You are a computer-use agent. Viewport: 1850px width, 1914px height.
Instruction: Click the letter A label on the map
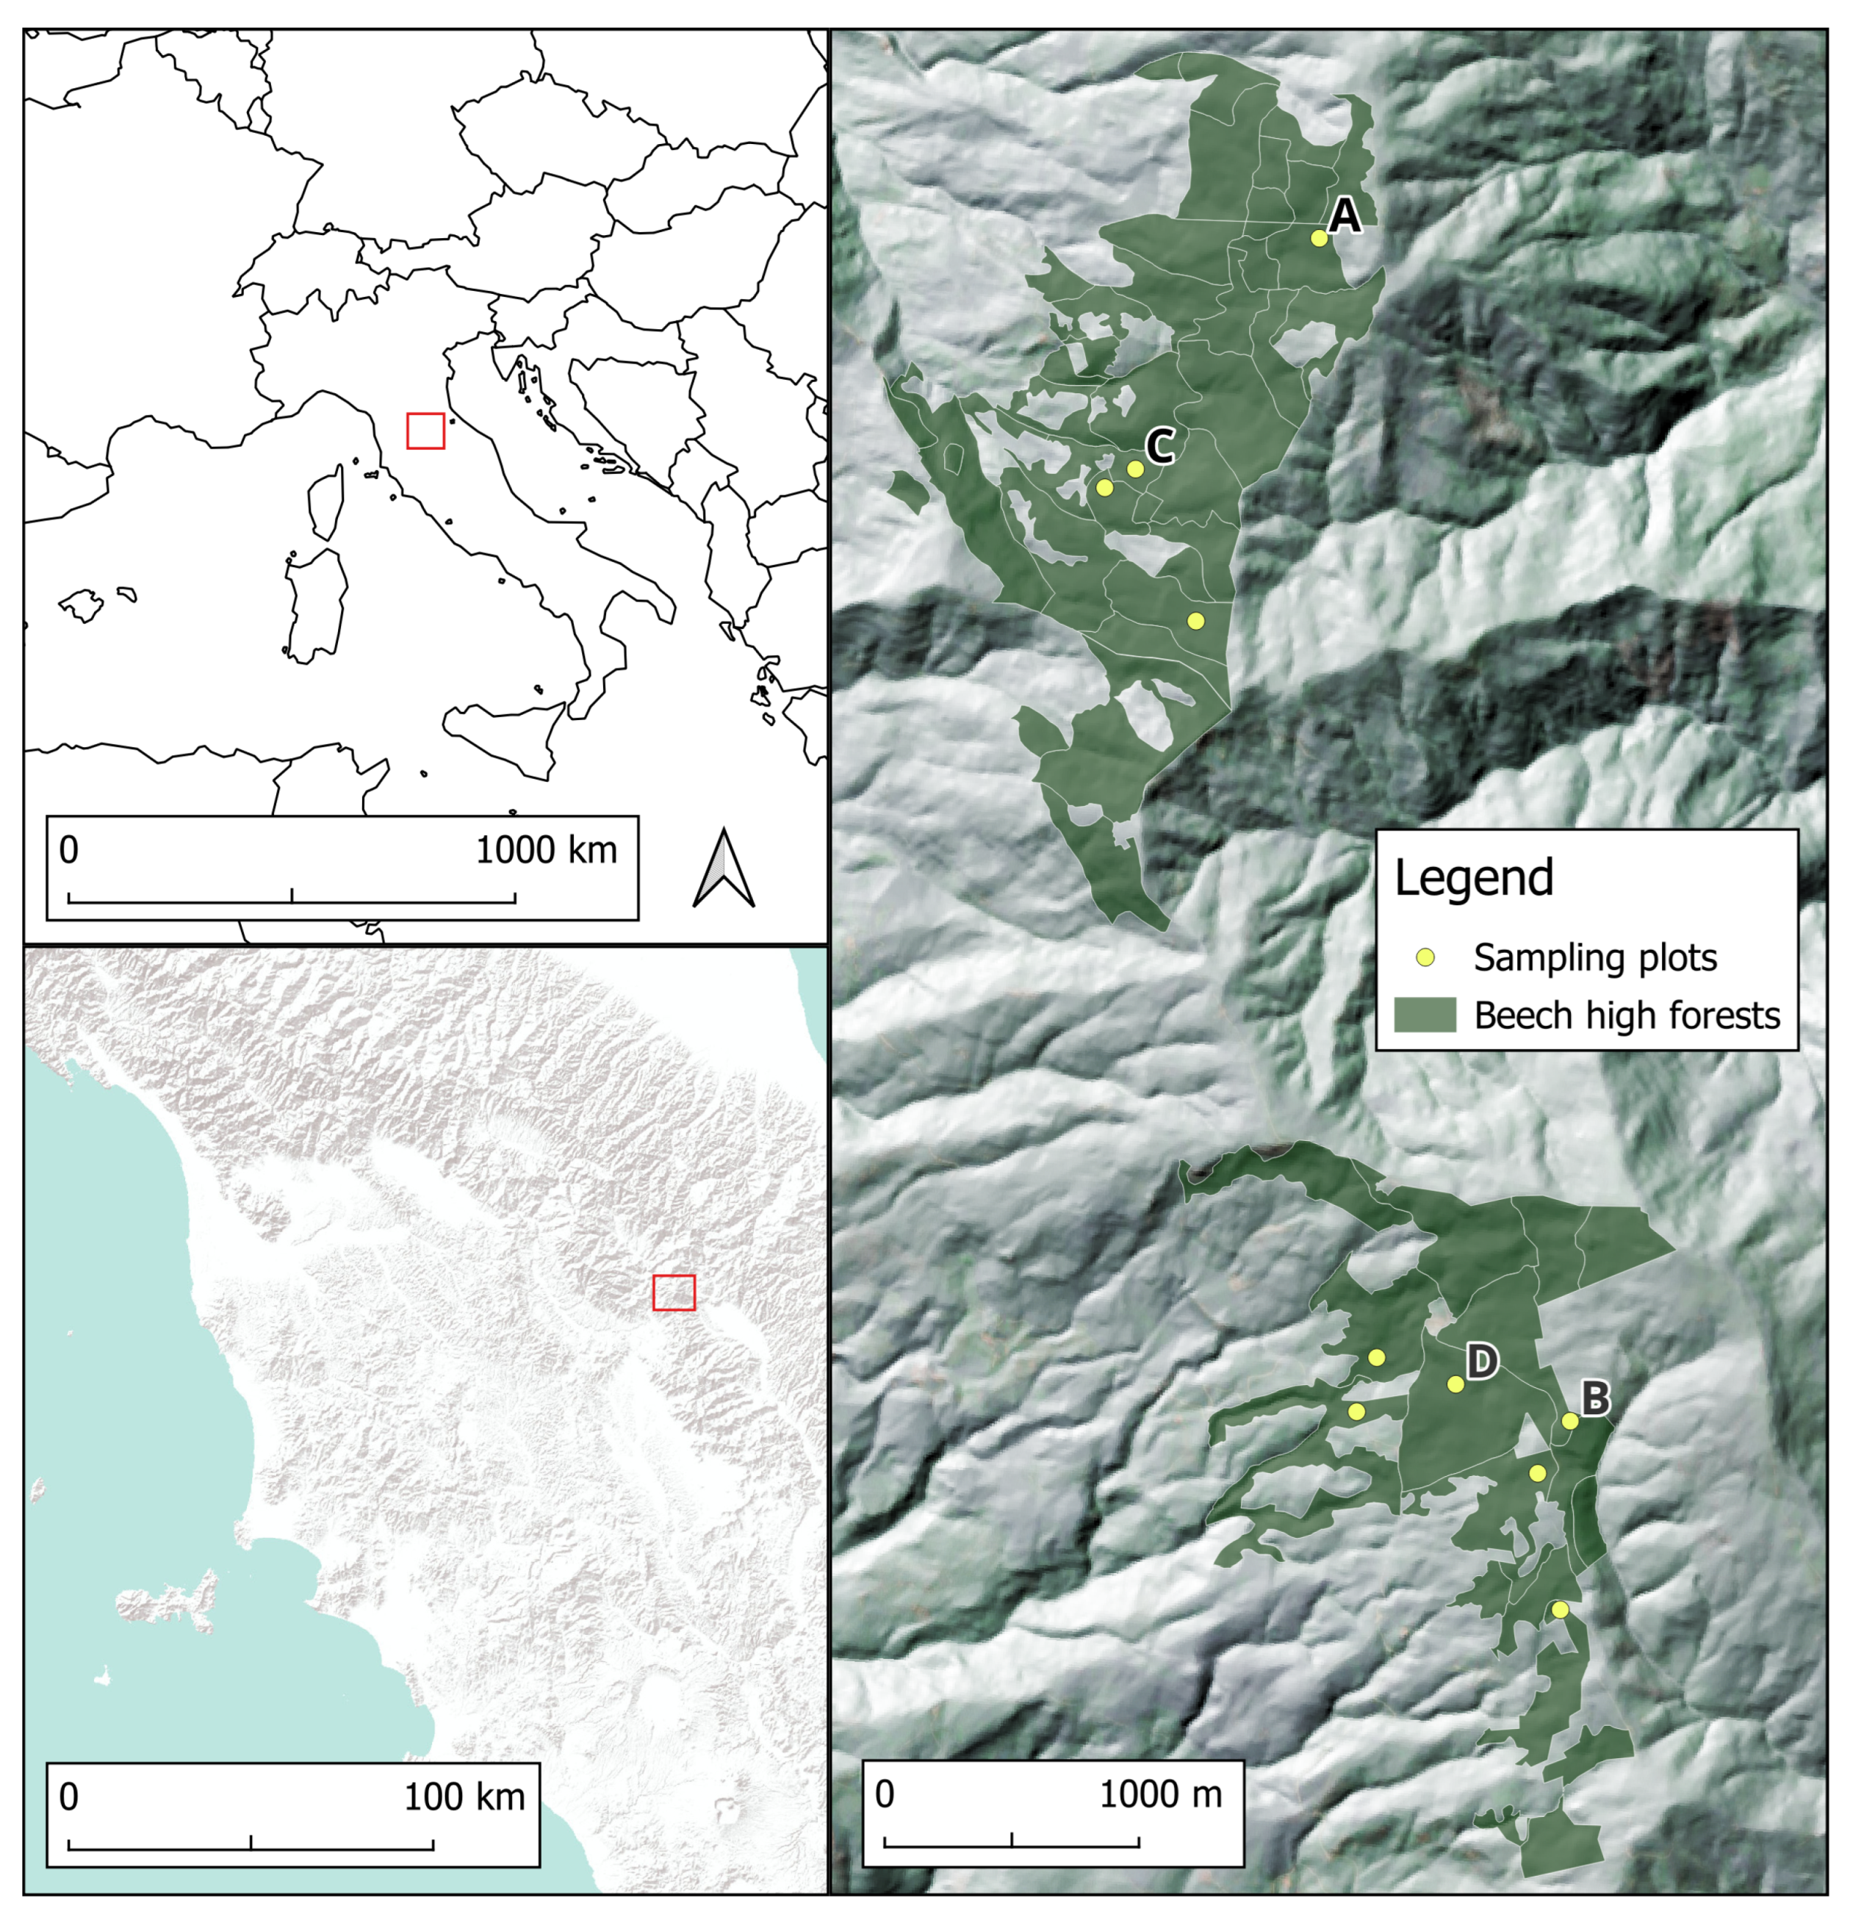click(1345, 215)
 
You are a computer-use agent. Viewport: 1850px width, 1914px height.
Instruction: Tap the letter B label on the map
click(1594, 1398)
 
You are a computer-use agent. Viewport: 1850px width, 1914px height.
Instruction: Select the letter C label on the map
click(1159, 446)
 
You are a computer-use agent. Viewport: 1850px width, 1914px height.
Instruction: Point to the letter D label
click(1481, 1360)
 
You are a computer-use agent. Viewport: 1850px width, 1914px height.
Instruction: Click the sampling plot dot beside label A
click(1319, 238)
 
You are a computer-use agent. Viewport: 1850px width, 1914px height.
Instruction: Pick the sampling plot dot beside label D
click(1455, 1384)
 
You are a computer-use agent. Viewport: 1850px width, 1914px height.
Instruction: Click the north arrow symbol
click(724, 868)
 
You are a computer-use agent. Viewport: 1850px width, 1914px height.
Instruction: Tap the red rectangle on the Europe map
click(425, 431)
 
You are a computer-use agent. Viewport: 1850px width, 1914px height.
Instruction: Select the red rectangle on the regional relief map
click(674, 1292)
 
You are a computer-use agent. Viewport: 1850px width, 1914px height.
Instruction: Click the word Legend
click(1473, 877)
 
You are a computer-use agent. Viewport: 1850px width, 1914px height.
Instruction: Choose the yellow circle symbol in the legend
click(1426, 957)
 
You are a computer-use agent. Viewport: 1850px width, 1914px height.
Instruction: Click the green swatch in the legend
click(1425, 1015)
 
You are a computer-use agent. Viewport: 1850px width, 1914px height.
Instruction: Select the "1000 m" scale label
click(1161, 1793)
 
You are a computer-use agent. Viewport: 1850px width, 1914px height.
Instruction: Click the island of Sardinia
click(315, 605)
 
